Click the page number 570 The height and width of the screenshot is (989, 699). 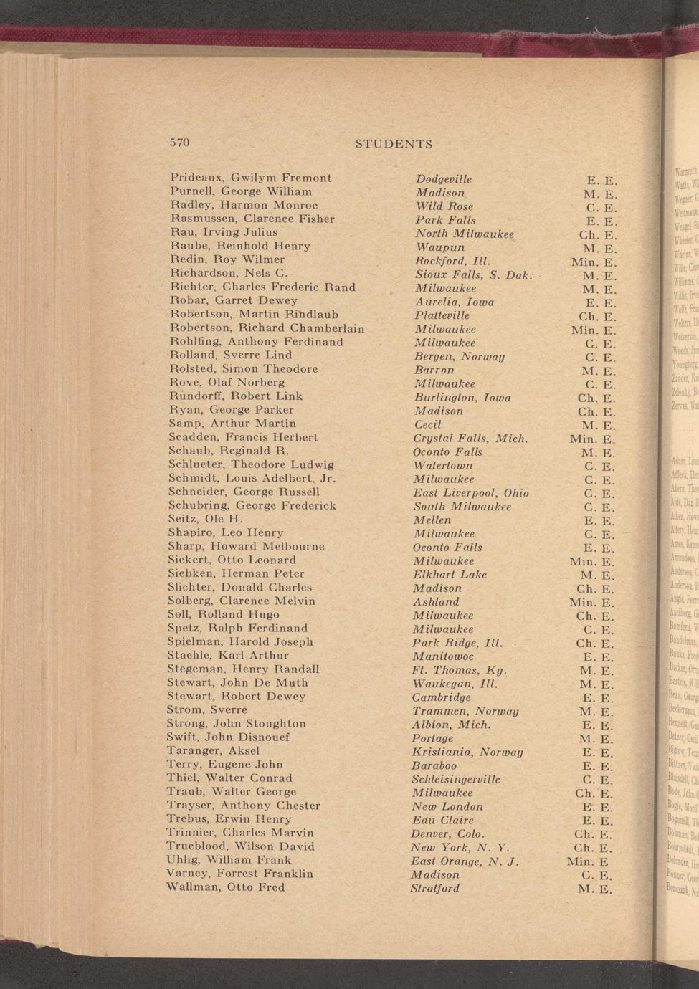[179, 142]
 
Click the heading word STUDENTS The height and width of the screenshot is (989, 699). [394, 144]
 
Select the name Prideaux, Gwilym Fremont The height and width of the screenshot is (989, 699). [251, 178]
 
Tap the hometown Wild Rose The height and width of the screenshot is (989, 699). [444, 206]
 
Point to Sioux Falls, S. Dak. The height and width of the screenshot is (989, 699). [473, 274]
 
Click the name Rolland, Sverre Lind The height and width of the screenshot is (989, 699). [231, 355]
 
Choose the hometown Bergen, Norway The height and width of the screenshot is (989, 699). [460, 356]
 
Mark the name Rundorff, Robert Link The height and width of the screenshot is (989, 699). [236, 396]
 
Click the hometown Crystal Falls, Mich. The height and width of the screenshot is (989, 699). [470, 439]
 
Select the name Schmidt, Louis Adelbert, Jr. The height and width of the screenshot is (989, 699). [252, 478]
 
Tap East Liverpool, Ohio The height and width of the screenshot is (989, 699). [470, 493]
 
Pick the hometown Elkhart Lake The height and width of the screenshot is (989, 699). [450, 575]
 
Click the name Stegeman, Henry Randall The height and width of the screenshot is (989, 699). [243, 669]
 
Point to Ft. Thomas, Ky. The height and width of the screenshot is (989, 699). [460, 670]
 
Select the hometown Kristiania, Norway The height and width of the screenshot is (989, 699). [467, 752]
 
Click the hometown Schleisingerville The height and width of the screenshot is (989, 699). [456, 779]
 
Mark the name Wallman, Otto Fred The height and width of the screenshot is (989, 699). [225, 887]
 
